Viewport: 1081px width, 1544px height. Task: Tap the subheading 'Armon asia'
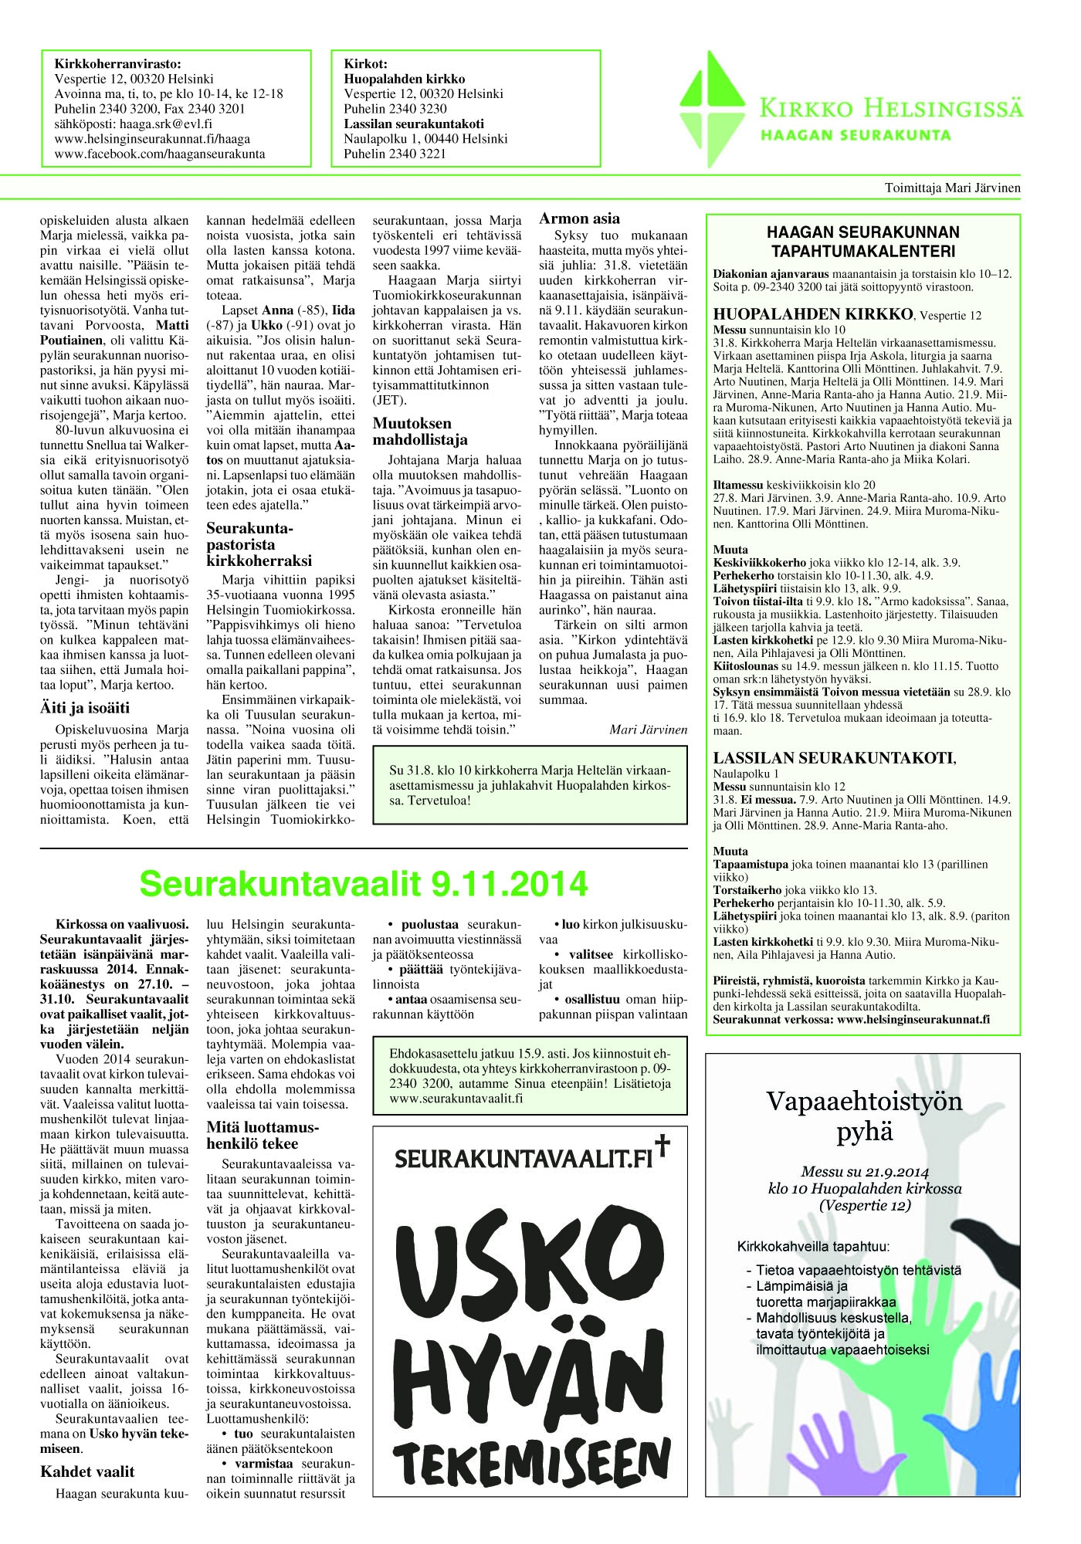[x=579, y=218]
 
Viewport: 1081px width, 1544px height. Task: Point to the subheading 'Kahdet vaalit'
[x=87, y=1471]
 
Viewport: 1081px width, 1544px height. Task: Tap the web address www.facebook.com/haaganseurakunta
[x=160, y=154]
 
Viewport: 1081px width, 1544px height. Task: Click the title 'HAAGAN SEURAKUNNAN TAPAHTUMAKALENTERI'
[x=862, y=241]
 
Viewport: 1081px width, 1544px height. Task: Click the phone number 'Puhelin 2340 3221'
[x=395, y=154]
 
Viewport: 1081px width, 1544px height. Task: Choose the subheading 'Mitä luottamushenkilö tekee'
[x=263, y=1136]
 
